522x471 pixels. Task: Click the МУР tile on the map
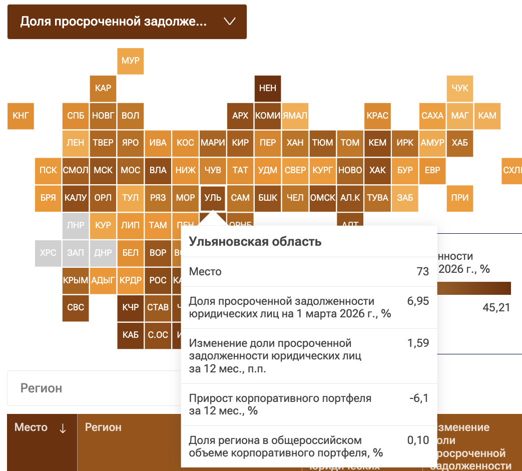point(130,61)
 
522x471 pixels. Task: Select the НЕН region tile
point(268,88)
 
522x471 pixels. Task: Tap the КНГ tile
point(21,116)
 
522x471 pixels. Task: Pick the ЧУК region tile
point(460,88)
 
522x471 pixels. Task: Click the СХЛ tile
point(512,170)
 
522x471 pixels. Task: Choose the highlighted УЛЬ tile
point(213,198)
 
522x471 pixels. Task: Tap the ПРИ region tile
point(460,198)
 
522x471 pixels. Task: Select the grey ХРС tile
point(48,253)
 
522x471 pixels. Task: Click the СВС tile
point(76,307)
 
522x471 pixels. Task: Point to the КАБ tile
point(130,335)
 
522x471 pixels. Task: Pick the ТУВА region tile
point(377,198)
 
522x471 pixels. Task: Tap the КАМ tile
point(487,116)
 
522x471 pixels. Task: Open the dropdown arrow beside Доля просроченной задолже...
point(230,22)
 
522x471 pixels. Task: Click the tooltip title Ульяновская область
point(255,242)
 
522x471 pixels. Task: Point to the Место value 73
point(422,272)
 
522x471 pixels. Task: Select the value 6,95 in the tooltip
point(418,301)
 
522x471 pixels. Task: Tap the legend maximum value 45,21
point(496,307)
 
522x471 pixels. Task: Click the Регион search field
point(93,388)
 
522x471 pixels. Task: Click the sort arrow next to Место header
point(63,428)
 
